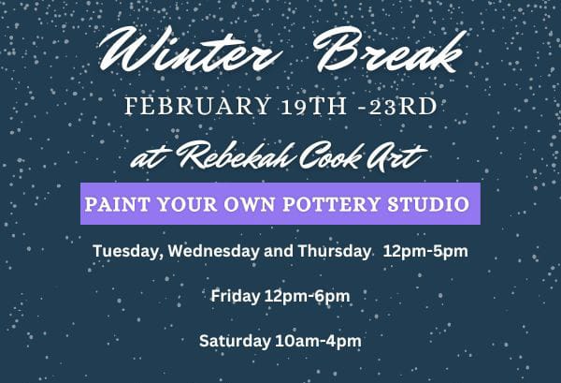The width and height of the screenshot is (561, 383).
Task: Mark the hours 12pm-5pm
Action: (426, 252)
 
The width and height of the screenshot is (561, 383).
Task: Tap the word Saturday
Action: (233, 340)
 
